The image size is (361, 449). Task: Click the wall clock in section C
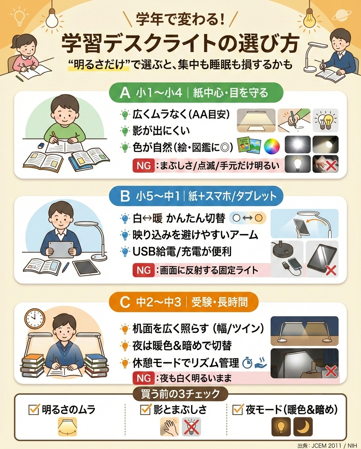coord(35,319)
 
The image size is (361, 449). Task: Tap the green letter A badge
coord(125,93)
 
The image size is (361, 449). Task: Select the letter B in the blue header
coord(125,196)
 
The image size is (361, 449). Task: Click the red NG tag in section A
coord(144,166)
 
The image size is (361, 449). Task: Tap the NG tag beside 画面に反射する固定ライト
coord(144,270)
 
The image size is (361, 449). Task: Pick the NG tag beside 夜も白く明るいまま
coord(144,378)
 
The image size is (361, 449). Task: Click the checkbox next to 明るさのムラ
coord(34,410)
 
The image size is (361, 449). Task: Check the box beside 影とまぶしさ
coord(145,410)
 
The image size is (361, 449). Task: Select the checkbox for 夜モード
coord(238,410)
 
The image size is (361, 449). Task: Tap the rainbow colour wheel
coord(272,146)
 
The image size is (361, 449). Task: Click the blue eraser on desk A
coord(42,145)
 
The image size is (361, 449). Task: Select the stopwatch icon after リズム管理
coord(247,363)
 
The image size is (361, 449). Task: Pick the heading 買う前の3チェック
coord(180,394)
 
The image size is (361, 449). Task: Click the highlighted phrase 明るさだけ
coord(100,65)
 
